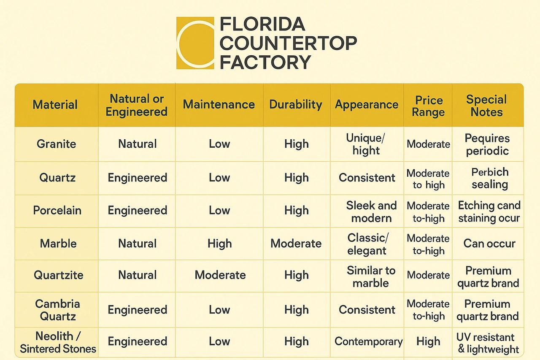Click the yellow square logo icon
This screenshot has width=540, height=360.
coord(195,43)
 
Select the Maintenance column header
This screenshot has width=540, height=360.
coord(219,105)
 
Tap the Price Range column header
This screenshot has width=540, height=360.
coord(428,106)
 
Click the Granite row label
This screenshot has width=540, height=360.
coord(57,144)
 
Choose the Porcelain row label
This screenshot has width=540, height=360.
coord(57,210)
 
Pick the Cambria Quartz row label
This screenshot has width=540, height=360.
coord(57,310)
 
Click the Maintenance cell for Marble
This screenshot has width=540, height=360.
coord(219,244)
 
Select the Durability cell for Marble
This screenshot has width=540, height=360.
coord(296,244)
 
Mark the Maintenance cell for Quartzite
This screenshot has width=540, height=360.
coord(220,275)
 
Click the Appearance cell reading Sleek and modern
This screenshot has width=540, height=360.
coord(371,212)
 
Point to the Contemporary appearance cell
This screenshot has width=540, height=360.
coord(368,341)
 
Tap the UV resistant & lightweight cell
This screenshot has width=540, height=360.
coord(487,343)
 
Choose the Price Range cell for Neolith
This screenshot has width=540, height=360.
coord(428,341)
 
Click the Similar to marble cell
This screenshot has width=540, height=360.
coord(371,276)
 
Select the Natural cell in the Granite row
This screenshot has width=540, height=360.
coord(138,144)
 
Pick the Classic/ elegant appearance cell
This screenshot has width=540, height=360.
coord(367,244)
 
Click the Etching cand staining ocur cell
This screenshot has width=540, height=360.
coord(489,212)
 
